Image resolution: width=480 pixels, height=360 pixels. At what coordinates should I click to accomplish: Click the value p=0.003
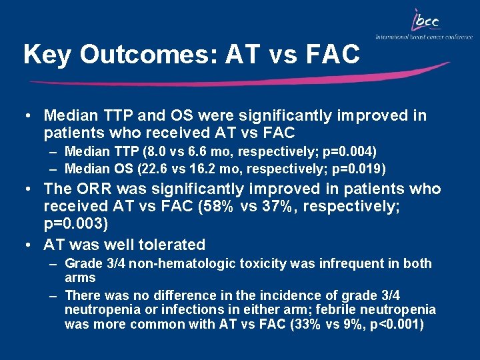click(75, 223)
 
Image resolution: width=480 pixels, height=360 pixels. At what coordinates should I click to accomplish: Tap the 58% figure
click(216, 207)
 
